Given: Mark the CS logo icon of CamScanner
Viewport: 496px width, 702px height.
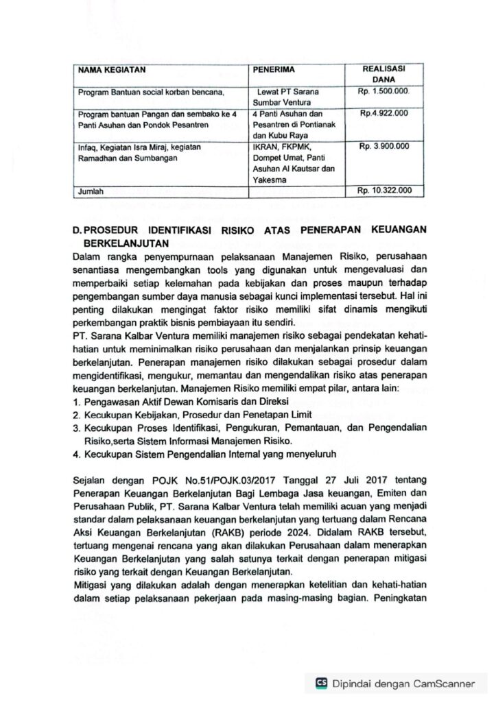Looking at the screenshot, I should [321, 683].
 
